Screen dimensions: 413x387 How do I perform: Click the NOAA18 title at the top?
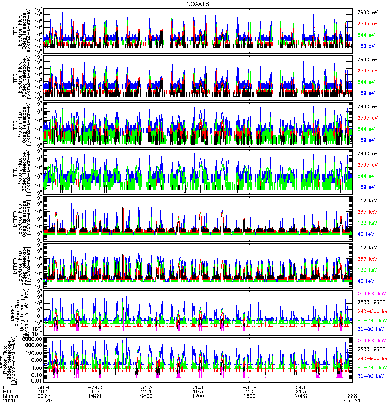pos(198,4)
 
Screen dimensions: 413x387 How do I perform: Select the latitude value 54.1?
pos(302,387)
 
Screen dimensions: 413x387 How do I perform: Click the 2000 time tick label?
pos(302,396)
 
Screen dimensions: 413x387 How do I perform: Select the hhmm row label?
pos(10,396)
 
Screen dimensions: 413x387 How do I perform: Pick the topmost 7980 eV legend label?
pos(368,11)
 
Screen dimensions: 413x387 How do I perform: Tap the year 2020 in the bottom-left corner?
pos(9,401)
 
